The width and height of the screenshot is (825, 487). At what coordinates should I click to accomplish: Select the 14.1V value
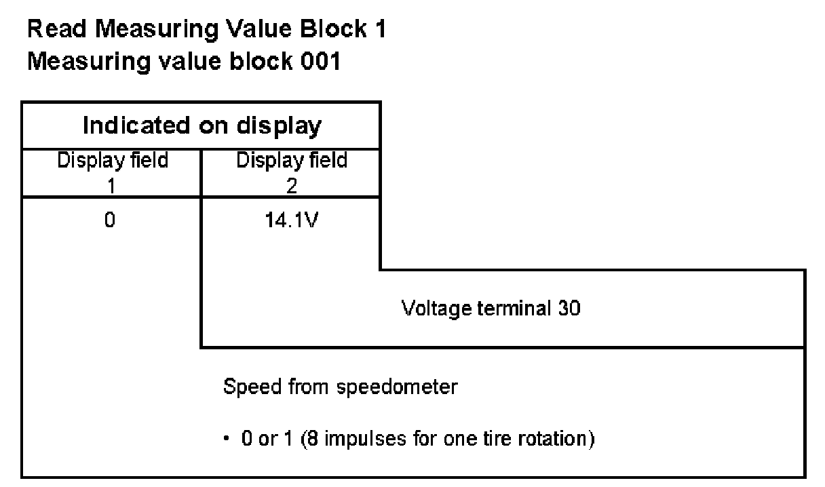[290, 221]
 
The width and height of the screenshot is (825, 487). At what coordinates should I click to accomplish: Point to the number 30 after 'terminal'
[569, 309]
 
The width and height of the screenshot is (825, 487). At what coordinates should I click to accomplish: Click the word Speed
[246, 389]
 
